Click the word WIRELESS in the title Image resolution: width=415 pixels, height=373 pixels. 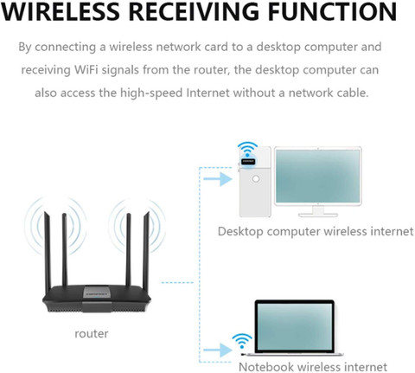[61, 11]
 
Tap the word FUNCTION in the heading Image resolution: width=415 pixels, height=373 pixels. [333, 11]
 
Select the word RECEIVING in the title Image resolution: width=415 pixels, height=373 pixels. [194, 11]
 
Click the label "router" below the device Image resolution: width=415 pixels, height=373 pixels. [92, 333]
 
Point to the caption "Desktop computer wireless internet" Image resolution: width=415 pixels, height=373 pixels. [316, 231]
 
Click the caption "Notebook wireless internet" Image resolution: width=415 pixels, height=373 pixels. [313, 367]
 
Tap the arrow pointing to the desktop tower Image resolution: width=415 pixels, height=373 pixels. [218, 179]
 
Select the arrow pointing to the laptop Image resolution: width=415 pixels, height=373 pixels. [218, 350]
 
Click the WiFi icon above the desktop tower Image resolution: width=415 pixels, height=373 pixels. [247, 150]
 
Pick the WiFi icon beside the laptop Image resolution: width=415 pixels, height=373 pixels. [242, 341]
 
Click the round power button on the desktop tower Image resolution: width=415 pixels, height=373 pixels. [255, 179]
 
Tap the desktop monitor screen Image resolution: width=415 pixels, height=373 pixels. [317, 177]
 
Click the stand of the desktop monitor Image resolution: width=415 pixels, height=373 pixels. [318, 211]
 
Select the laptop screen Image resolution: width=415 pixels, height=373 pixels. [294, 326]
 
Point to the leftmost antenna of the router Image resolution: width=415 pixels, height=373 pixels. [48, 249]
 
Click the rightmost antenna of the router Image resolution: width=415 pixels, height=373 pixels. [146, 249]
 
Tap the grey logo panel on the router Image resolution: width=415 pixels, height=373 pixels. [97, 293]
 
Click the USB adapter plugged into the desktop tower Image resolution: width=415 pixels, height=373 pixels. [248, 161]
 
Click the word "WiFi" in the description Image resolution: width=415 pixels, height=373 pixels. [86, 70]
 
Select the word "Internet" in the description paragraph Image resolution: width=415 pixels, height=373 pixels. [208, 93]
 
